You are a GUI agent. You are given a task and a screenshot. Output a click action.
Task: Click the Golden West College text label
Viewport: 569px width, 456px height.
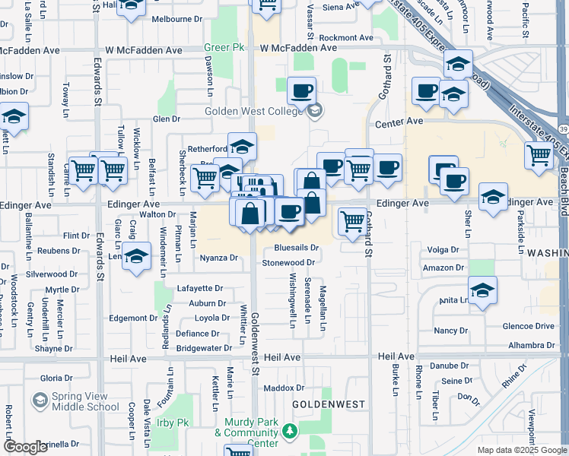click(254, 111)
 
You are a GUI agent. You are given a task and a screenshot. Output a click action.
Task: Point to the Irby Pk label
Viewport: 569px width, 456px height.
click(173, 423)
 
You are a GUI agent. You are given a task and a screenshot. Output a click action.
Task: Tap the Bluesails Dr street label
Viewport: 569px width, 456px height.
click(296, 248)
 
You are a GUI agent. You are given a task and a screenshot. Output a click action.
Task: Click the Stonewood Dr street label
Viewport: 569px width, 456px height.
click(288, 263)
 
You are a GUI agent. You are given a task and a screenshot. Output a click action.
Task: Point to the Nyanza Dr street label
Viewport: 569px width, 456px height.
click(220, 258)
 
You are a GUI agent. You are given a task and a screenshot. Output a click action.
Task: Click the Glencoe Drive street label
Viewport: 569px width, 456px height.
click(529, 326)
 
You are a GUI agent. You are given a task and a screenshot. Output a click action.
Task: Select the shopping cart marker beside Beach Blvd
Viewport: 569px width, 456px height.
click(539, 155)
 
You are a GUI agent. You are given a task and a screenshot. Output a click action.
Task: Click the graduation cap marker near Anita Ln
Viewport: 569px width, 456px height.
click(482, 291)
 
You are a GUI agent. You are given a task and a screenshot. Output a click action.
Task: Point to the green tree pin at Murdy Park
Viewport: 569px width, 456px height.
click(289, 432)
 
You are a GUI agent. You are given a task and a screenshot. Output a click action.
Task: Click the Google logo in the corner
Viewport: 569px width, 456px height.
click(25, 447)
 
